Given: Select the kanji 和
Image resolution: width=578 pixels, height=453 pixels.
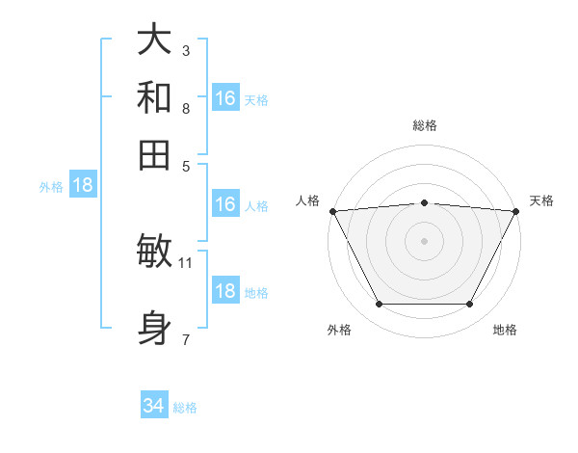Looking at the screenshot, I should coord(154,96).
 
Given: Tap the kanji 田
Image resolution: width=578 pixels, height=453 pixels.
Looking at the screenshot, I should coord(154,154).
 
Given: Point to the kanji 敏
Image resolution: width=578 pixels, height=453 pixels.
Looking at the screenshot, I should coord(154,253).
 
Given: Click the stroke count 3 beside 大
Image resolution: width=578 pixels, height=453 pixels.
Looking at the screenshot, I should coord(185,50).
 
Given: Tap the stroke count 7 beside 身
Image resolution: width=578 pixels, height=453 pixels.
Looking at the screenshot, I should coord(185,338).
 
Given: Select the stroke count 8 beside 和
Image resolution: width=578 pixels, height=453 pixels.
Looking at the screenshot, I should coord(185,108).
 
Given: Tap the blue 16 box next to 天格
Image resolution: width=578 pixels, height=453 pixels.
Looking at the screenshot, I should coord(225,98).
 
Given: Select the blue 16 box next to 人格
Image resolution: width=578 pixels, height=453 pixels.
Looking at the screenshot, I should coord(225,204).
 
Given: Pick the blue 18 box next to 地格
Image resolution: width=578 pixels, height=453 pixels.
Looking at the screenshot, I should coord(225,292).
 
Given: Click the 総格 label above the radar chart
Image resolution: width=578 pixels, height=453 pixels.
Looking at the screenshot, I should coord(425,125).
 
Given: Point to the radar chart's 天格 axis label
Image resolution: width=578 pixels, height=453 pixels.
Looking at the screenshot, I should coord(541,200).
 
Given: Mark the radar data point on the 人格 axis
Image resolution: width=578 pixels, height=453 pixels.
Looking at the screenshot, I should coord(332,211).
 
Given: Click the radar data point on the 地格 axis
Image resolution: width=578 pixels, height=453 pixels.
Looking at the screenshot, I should coord(470,305).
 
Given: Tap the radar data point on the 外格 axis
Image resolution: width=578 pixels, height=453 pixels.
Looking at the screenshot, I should coord(379,305).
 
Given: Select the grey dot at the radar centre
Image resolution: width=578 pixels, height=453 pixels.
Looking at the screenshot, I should coord(424,241).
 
